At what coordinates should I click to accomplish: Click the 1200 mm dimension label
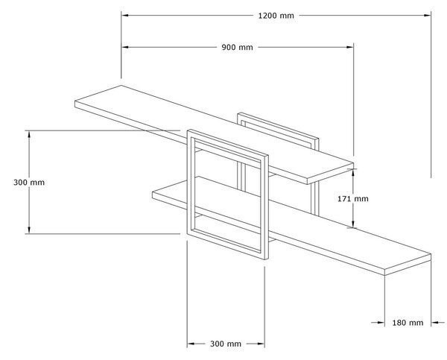[276, 16]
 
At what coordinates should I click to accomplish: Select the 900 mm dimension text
[237, 47]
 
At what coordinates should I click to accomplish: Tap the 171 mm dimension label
[353, 198]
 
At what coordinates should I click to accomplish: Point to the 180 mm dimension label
[408, 323]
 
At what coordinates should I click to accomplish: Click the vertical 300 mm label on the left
[29, 183]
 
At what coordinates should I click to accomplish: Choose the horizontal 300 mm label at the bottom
[226, 344]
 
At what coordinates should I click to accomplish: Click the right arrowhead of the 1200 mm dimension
[428, 16]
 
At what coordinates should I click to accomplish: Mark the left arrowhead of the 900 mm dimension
[125, 47]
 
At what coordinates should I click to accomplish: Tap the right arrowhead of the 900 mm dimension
[350, 47]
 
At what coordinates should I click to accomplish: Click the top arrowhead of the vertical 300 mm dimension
[29, 134]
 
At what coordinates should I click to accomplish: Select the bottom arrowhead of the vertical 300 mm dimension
[29, 230]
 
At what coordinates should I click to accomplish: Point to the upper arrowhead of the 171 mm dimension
[353, 172]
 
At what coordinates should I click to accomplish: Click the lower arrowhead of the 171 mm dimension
[353, 224]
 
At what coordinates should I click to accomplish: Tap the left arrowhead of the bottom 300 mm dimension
[191, 344]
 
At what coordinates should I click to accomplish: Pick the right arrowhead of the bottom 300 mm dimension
[261, 344]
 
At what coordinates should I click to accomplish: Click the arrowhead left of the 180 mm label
[381, 323]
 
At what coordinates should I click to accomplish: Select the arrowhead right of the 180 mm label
[435, 323]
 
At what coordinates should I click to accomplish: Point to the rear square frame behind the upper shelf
[278, 125]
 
